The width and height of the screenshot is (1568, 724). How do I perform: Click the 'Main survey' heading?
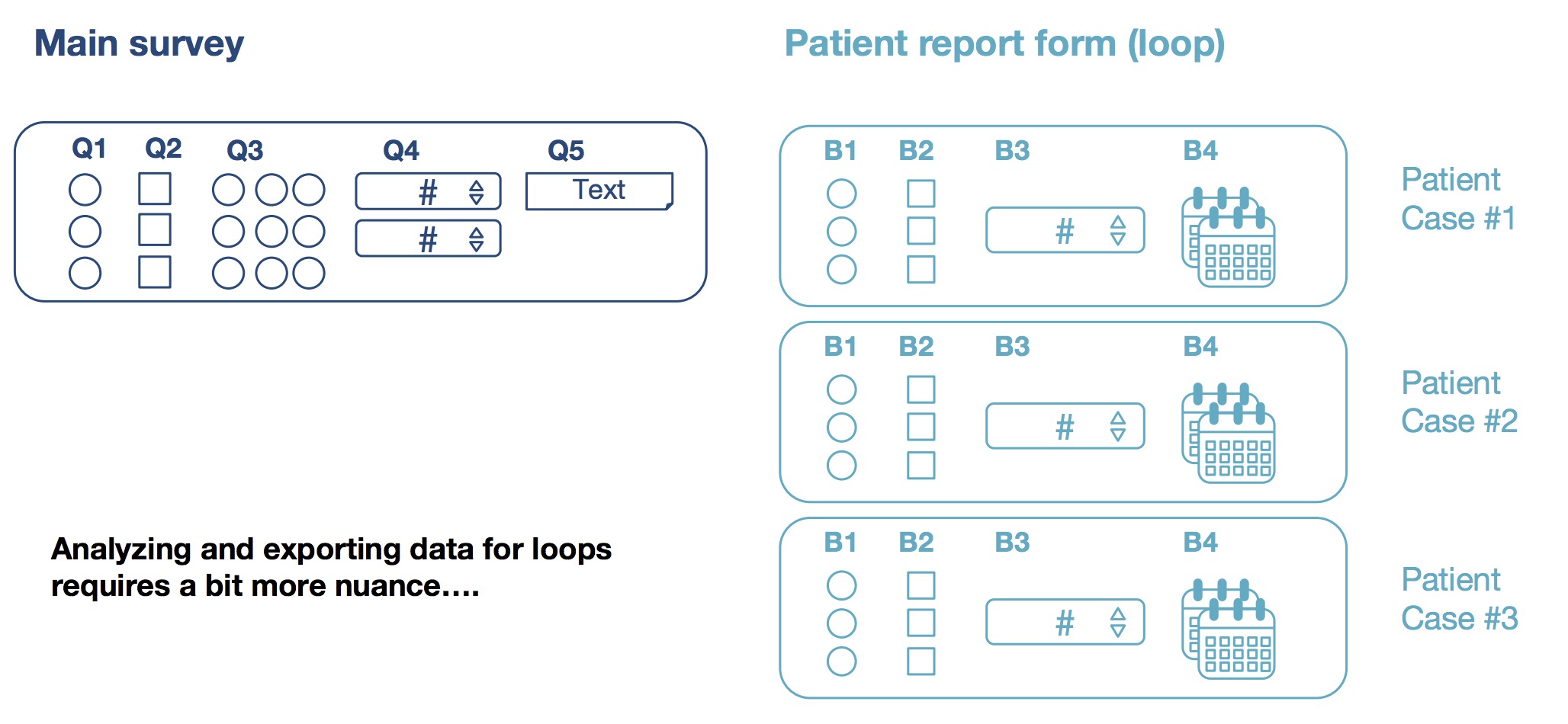pos(139,43)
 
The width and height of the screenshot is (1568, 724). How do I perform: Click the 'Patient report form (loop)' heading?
pos(1004,43)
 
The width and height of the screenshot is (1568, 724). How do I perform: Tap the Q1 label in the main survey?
pos(88,149)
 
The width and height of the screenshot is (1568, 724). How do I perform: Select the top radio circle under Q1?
pos(85,190)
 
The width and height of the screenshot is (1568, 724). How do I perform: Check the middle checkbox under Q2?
pos(155,230)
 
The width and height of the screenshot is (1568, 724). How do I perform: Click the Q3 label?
pos(245,151)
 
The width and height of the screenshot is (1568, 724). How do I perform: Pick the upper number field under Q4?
pos(428,191)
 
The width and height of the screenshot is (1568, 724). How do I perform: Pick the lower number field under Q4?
pos(428,239)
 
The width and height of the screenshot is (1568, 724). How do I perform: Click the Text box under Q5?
pos(599,191)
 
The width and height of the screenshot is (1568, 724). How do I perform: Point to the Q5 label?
pos(566,151)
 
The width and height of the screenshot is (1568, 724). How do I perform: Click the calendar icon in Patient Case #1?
pos(1228,237)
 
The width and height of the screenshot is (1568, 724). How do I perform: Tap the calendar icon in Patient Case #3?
pos(1228,629)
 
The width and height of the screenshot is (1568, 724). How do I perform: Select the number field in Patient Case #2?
pos(1065,426)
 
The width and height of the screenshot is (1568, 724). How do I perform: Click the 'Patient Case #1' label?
pos(1457,199)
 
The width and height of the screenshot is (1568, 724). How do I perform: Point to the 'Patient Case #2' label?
pos(1459,402)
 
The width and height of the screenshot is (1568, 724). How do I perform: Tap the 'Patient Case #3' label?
pos(1459,599)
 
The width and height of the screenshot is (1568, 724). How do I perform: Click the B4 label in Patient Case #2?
pos(1200,347)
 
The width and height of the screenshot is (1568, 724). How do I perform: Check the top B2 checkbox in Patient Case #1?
pos(921,194)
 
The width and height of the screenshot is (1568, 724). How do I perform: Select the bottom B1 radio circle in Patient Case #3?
pos(841,661)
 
